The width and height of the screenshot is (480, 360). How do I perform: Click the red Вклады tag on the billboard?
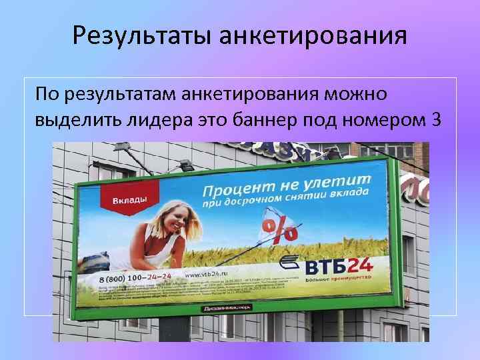[129, 200]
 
